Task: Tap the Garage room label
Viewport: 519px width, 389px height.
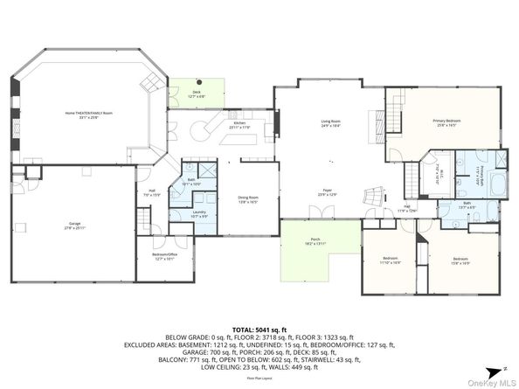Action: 71,226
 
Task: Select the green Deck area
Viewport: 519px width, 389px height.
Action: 197,91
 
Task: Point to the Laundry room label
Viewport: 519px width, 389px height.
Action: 199,214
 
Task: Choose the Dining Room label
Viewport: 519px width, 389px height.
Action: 247,198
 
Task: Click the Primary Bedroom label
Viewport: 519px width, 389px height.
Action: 446,121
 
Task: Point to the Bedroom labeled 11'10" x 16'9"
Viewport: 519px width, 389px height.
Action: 390,260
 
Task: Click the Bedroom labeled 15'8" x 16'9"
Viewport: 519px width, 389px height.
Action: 460,260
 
